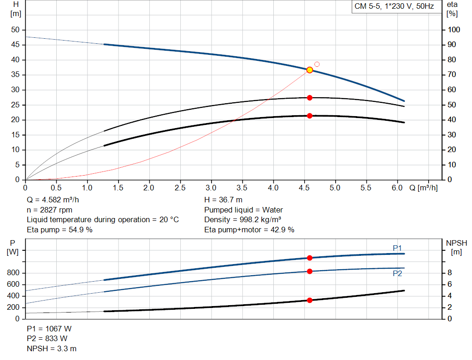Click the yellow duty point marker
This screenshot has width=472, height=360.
pyautogui.click(x=310, y=70)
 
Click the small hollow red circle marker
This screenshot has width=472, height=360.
pyautogui.click(x=317, y=64)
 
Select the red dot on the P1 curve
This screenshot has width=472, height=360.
pyautogui.click(x=310, y=258)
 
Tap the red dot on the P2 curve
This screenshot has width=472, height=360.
pyautogui.click(x=310, y=271)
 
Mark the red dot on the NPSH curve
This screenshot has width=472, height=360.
pyautogui.click(x=310, y=300)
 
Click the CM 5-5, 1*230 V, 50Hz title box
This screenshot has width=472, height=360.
pyautogui.click(x=394, y=6)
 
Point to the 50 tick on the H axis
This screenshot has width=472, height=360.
pyautogui.click(x=16, y=30)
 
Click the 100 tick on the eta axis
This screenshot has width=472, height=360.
pyautogui.click(x=454, y=30)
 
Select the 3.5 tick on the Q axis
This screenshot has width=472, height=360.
pyautogui.click(x=242, y=188)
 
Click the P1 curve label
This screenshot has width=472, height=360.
pyautogui.click(x=397, y=248)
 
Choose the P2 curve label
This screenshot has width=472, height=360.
pyautogui.click(x=397, y=273)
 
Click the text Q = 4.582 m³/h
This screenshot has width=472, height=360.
pyautogui.click(x=56, y=200)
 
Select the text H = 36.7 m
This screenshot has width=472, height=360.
pyautogui.click(x=223, y=200)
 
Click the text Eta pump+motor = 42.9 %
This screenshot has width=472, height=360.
pyautogui.click(x=249, y=230)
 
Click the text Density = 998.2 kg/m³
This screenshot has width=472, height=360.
pyautogui.click(x=243, y=220)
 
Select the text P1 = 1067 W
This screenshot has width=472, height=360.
pyautogui.click(x=49, y=329)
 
